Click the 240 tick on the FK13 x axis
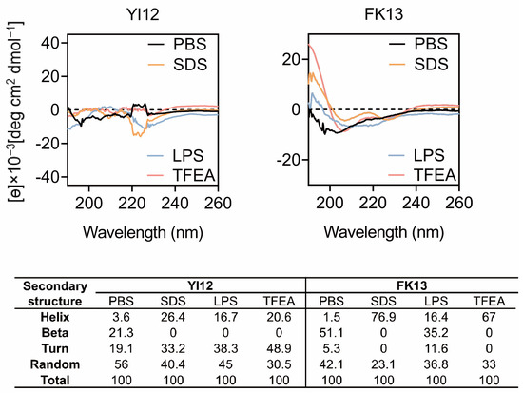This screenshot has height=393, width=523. [417, 203]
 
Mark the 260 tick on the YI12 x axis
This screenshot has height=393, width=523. [219, 203]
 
